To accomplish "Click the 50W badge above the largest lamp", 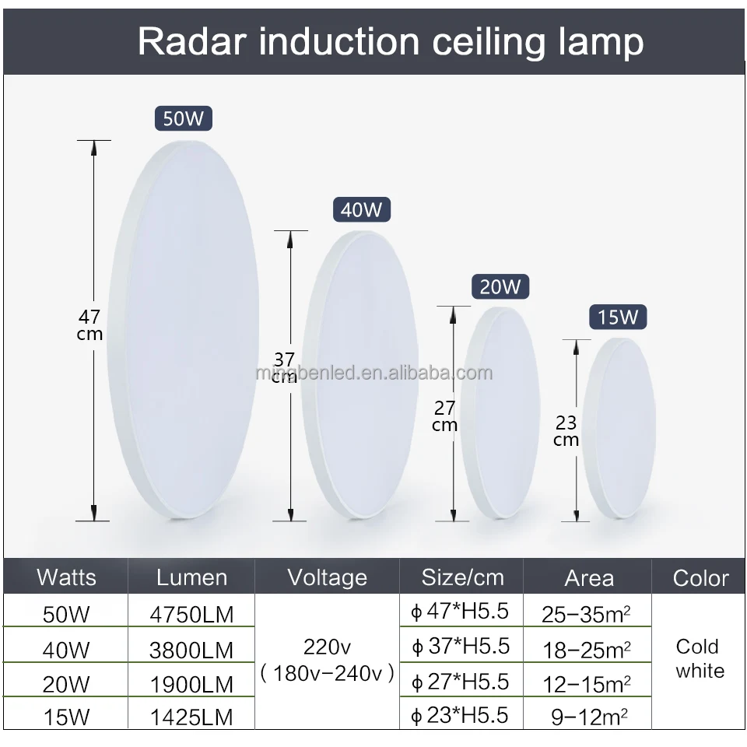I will [x=183, y=119].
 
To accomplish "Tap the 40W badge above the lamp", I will [x=361, y=210].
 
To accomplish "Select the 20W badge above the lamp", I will [x=500, y=286].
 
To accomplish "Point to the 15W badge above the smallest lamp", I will [x=618, y=317].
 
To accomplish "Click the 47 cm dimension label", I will [x=89, y=325].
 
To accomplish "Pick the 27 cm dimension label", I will [x=444, y=416].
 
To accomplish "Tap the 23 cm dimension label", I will [x=566, y=431].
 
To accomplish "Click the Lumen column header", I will [x=191, y=577].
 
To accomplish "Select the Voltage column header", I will [x=327, y=577].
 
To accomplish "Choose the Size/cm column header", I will [x=462, y=577].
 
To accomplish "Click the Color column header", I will [x=700, y=578].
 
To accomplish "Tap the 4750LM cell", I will [x=191, y=614].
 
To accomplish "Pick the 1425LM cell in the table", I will [x=191, y=716].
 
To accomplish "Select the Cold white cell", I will [x=697, y=658].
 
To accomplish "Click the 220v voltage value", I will [x=327, y=647].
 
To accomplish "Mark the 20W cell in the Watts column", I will [x=66, y=684].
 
